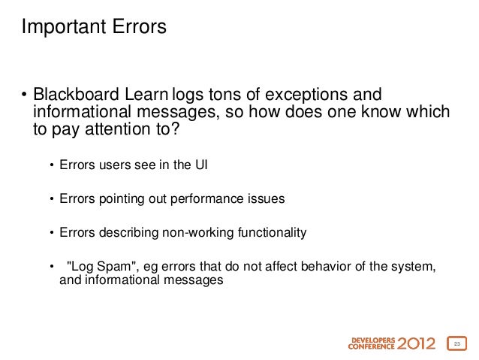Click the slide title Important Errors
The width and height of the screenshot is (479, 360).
[94, 28]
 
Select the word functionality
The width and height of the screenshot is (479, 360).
[265, 233]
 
